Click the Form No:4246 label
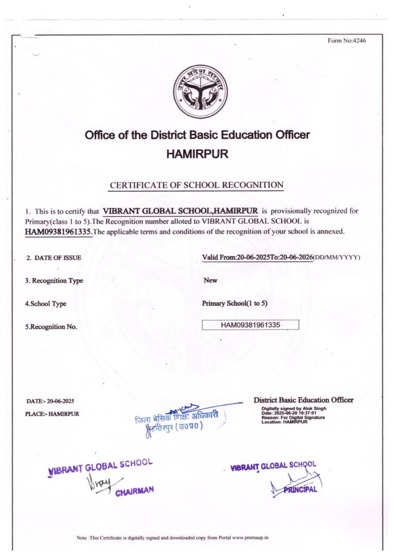click(347, 41)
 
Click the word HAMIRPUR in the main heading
click(197, 154)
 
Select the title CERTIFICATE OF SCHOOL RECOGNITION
click(197, 185)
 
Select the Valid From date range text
click(258, 257)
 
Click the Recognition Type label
click(54, 281)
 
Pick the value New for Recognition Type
click(210, 281)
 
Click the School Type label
click(46, 304)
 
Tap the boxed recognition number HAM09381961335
click(250, 325)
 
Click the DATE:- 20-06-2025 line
click(50, 401)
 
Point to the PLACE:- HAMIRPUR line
click(52, 414)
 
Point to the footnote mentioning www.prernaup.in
click(173, 538)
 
